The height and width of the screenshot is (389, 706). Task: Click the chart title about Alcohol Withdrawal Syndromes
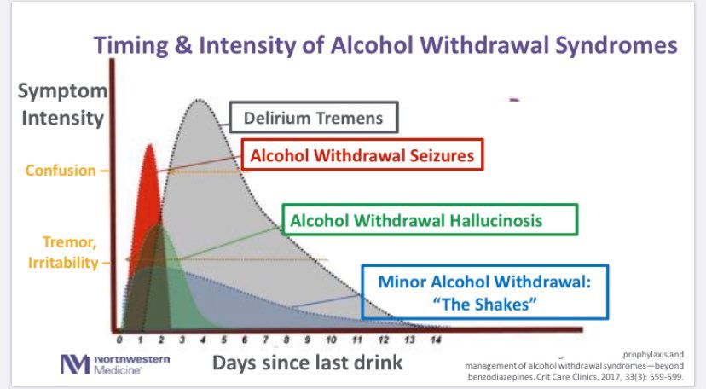[x=386, y=45]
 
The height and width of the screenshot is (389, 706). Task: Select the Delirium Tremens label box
[x=313, y=117]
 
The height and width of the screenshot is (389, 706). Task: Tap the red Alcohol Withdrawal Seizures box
[x=362, y=155]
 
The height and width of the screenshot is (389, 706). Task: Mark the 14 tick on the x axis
[x=436, y=339]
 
